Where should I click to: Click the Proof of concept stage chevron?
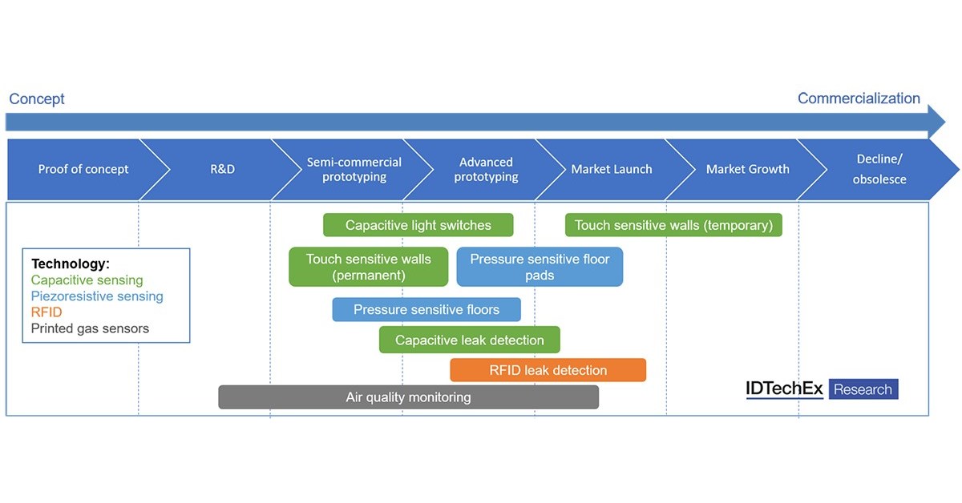click(83, 169)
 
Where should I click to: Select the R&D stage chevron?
click(222, 169)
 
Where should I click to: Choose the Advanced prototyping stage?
click(486, 169)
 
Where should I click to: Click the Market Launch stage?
click(611, 169)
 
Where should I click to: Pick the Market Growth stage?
click(747, 169)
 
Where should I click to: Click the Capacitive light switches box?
click(418, 225)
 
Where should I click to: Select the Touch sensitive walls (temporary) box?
click(673, 225)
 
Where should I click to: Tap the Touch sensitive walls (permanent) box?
click(368, 268)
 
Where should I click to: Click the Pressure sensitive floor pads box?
click(540, 268)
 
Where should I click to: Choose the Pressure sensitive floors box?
click(426, 310)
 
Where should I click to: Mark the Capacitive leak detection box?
click(469, 340)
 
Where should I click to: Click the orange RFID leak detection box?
click(548, 370)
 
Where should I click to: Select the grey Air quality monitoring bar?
click(408, 397)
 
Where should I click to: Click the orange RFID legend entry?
click(46, 312)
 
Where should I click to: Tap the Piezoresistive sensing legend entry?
click(97, 296)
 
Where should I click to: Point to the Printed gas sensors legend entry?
click(90, 328)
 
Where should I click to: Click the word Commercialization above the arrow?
click(859, 99)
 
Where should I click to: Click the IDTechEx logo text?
click(784, 389)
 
